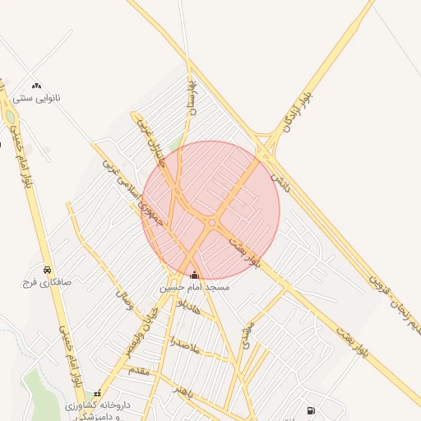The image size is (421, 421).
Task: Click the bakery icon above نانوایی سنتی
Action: (36, 85)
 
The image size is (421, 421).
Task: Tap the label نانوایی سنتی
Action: (36, 98)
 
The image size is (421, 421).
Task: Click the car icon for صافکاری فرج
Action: (48, 270)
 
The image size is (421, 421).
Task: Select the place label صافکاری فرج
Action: (48, 282)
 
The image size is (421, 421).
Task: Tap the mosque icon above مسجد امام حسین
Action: (194, 275)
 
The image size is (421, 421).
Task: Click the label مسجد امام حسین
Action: (194, 289)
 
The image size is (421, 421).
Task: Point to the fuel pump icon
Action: (310, 409)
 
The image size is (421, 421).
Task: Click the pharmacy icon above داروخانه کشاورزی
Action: (98, 394)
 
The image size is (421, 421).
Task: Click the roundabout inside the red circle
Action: (212, 223)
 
